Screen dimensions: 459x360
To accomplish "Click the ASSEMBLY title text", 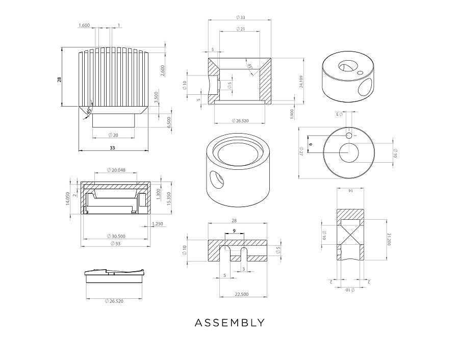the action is [x=229, y=323].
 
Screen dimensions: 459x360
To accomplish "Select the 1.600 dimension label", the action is [x=84, y=25].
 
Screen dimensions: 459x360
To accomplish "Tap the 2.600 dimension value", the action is [x=163, y=71].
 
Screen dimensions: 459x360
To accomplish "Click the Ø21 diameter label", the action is [x=240, y=29].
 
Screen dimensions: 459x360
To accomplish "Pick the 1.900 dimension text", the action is [x=292, y=115].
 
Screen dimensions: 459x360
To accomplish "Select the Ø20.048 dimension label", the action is [x=116, y=170].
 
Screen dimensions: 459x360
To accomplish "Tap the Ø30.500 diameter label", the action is [x=116, y=236].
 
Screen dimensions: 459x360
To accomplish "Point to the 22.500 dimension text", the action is [x=242, y=294].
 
